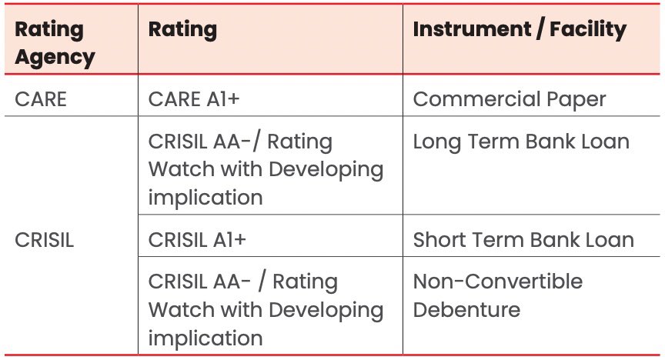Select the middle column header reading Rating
182,30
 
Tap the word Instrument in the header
470,30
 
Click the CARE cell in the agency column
41,99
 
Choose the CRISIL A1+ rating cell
197,239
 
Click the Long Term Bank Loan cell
521,142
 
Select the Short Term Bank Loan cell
523,239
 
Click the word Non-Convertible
498,282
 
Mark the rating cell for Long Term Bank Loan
265,169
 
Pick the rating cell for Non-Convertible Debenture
265,310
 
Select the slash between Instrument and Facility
533,30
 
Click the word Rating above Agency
50,30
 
